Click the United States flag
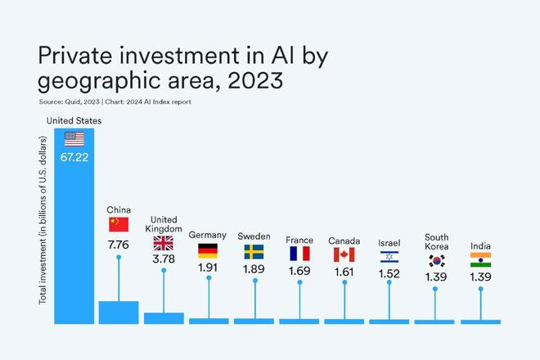(x=74, y=138)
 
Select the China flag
(x=119, y=224)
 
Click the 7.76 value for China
(x=119, y=243)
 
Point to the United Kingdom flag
(x=164, y=243)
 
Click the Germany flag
(x=208, y=251)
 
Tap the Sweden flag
(x=254, y=251)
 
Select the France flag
(x=299, y=254)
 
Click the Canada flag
(x=344, y=254)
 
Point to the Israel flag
(x=389, y=257)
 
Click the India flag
(x=480, y=260)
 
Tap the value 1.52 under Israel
(x=389, y=274)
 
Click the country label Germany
(x=208, y=236)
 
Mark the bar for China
(x=119, y=313)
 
